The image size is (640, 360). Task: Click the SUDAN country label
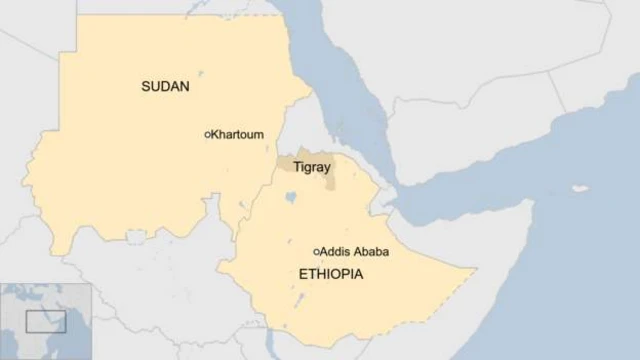165,87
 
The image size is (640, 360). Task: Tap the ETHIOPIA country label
330,273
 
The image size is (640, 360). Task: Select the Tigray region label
311,168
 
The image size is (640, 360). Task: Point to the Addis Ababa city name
355,252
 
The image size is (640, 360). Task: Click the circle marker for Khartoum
207,134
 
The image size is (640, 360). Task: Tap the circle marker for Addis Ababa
316,252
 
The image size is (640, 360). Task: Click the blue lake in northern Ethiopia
290,198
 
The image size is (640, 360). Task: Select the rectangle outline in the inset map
45,321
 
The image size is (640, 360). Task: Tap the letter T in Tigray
296,168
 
